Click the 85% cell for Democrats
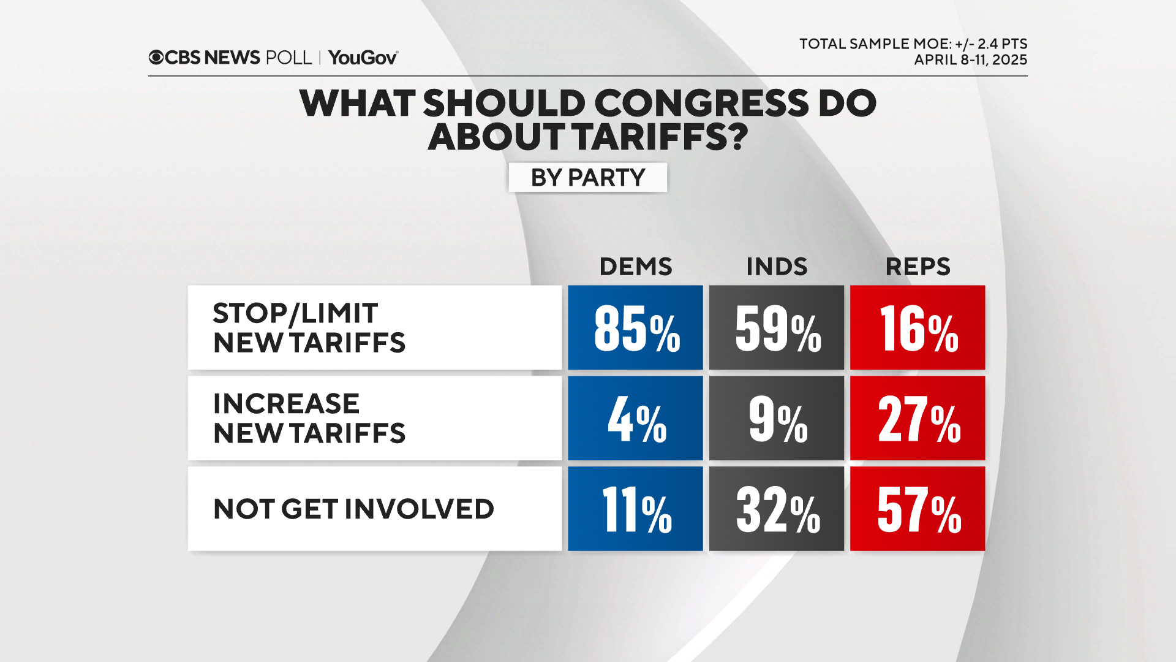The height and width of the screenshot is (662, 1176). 635,327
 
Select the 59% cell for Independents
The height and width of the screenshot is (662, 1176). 776,327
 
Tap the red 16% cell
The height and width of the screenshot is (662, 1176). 917,327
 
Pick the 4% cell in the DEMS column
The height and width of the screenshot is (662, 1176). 635,418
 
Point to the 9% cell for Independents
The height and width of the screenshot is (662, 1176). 776,418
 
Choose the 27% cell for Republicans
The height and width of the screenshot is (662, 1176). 917,418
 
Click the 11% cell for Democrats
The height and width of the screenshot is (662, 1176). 635,509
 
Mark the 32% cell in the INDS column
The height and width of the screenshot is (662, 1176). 776,509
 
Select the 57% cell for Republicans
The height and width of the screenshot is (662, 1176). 917,509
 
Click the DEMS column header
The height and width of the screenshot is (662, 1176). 635,267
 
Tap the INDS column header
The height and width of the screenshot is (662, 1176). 776,267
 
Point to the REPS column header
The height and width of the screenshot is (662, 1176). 918,267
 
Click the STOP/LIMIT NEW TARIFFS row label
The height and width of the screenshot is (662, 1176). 309,327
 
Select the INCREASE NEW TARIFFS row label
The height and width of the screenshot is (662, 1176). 309,418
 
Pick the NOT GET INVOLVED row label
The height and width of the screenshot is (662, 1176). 353,509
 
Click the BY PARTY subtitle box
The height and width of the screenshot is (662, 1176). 587,178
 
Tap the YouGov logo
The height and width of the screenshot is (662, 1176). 363,58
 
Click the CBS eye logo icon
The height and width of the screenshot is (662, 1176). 156,58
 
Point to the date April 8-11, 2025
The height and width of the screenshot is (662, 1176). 970,60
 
